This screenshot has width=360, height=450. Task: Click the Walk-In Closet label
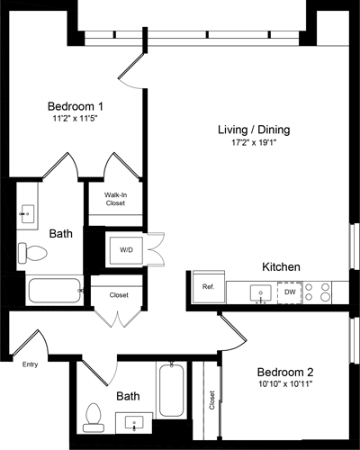113,199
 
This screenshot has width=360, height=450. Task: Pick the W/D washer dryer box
125,249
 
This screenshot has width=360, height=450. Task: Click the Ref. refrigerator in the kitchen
207,288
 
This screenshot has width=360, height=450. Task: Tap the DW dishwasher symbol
289,292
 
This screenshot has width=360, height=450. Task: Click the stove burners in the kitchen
318,292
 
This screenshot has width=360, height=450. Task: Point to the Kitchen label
281,267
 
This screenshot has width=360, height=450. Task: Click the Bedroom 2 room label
284,372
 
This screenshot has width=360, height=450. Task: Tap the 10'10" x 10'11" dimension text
284,385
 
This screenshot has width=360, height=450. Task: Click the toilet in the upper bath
31,253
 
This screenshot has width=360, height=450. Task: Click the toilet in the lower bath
93,414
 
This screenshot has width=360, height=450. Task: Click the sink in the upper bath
27,214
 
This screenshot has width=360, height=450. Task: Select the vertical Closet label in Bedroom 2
212,400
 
